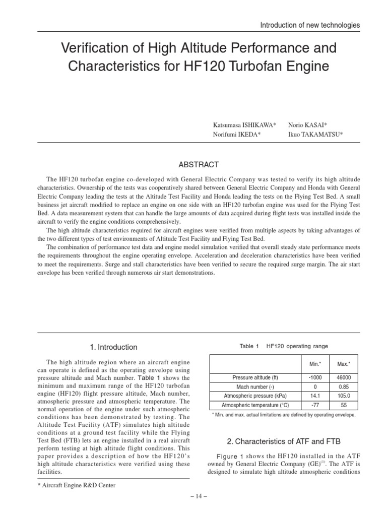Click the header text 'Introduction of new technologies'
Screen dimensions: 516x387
tap(309, 25)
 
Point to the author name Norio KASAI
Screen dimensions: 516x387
tap(307, 124)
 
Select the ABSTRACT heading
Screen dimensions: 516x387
tap(199, 165)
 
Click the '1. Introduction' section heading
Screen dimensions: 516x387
tap(113, 347)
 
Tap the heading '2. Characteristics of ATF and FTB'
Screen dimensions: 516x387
tap(284, 442)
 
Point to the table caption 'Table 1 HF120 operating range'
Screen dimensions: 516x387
tap(284, 346)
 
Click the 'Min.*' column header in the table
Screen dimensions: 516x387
tap(315, 363)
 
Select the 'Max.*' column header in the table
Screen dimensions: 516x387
tap(344, 363)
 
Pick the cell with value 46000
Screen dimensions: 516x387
tap(344, 377)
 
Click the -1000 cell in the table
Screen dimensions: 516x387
tap(315, 377)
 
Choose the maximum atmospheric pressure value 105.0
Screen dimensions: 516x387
tap(344, 396)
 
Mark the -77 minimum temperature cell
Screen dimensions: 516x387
tap(315, 405)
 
